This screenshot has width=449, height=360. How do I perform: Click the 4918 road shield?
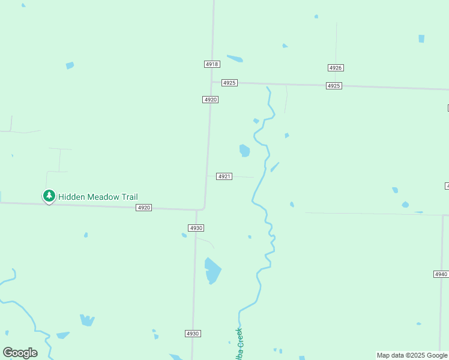coord(212,64)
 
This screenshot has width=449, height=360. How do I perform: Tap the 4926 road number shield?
coord(336,68)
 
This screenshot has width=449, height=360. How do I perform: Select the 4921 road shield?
coord(224,176)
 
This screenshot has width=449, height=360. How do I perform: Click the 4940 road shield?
coord(441,274)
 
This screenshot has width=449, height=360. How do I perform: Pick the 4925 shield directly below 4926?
coord(334,86)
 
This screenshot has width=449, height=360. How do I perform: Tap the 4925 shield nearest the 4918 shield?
coord(229,83)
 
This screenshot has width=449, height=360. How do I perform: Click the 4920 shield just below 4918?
coord(210,100)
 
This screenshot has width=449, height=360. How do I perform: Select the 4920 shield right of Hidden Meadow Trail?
coord(143,208)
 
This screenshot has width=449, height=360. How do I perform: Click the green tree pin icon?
coord(49,196)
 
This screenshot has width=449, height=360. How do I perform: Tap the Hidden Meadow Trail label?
coord(98,197)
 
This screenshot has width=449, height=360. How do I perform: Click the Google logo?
coord(20,353)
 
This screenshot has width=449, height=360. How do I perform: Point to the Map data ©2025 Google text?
coord(412,355)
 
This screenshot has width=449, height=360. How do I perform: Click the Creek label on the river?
coord(238,343)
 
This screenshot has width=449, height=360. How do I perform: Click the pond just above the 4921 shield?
coord(244,150)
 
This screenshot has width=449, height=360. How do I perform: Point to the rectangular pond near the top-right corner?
coord(421,38)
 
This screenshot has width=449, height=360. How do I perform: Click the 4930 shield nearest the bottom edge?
coord(193,334)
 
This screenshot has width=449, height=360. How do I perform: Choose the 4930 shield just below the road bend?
coord(196,228)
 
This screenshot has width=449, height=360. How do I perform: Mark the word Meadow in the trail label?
coord(103,197)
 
